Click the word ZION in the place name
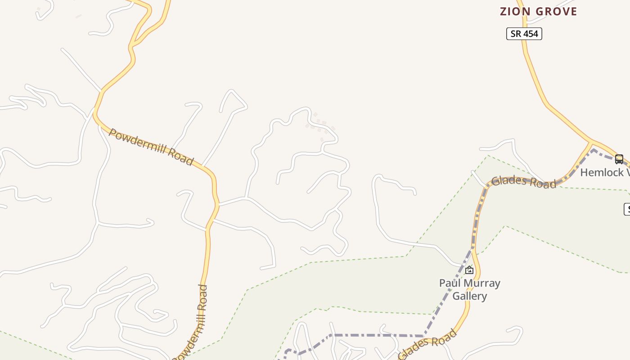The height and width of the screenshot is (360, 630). pyautogui.click(x=513, y=12)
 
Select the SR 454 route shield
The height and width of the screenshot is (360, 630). pyautogui.click(x=524, y=34)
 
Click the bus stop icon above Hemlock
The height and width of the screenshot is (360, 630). pyautogui.click(x=619, y=159)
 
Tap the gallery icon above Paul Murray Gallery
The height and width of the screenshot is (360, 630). pyautogui.click(x=469, y=270)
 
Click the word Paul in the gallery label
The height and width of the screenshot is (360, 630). pyautogui.click(x=449, y=283)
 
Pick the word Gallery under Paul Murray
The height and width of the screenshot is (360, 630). pyautogui.click(x=470, y=296)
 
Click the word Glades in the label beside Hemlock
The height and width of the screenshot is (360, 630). pyautogui.click(x=508, y=180)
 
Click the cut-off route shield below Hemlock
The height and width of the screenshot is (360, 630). pyautogui.click(x=626, y=209)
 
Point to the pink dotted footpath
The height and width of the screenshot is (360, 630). pyautogui.click(x=320, y=124)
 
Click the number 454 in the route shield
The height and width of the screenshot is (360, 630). pyautogui.click(x=530, y=34)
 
